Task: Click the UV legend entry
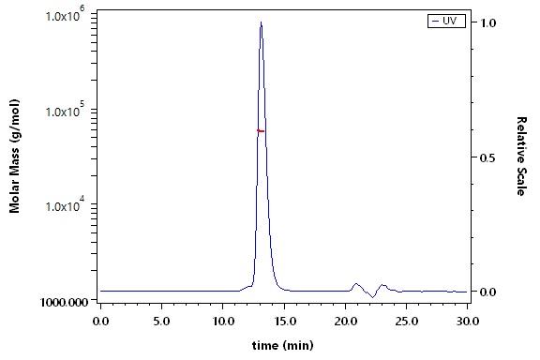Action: pos(446,21)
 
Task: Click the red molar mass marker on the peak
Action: pos(261,131)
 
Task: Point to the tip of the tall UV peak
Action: pos(261,22)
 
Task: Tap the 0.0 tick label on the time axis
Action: pos(100,322)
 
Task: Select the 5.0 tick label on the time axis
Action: pos(161,322)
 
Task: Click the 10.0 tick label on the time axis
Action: pos(223,322)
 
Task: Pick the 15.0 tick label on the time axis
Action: pos(284,322)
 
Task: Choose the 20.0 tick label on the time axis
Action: pos(345,322)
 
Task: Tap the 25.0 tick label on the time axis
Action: pos(406,322)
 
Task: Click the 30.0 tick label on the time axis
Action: pos(467,322)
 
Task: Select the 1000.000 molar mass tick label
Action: pos(64,302)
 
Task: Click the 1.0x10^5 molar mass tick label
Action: pos(65,110)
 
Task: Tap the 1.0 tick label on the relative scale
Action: pos(488,22)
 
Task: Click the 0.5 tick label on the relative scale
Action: pos(488,157)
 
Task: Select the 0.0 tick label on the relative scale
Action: pos(488,292)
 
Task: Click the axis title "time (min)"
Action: pos(283,345)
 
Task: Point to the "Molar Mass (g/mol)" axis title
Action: pos(14,156)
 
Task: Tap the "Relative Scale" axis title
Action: pos(521,156)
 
